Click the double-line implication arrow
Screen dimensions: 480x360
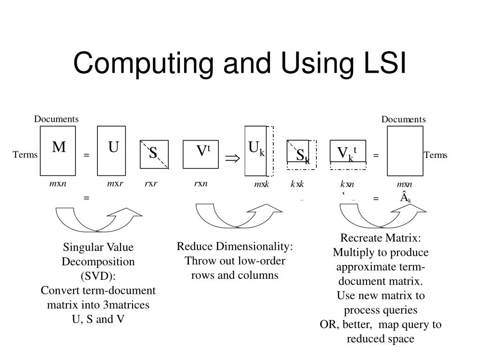(232, 158)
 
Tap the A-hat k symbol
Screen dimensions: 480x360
(405, 197)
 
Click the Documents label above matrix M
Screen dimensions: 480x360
(56, 119)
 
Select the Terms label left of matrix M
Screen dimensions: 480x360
(25, 155)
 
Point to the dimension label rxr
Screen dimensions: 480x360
(151, 184)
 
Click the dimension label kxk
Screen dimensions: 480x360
(297, 184)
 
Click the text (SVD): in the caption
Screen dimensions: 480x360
(98, 276)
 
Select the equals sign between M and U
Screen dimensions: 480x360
(87, 156)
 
